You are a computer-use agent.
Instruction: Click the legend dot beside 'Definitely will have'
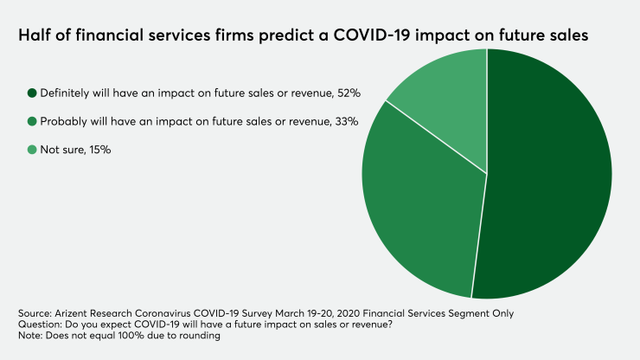(32, 93)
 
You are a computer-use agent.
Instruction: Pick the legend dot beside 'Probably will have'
(32, 121)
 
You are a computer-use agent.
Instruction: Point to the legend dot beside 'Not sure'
(32, 150)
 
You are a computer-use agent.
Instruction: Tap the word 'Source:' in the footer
(34, 311)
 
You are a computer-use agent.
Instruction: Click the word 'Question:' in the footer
(39, 324)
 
